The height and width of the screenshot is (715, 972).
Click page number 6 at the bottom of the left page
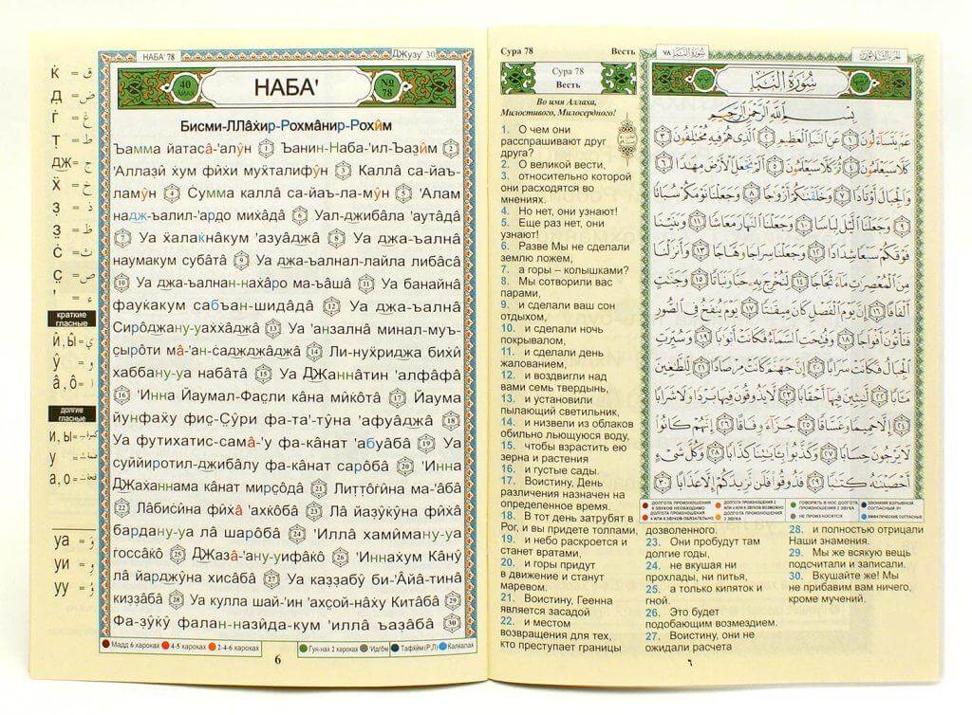click(277, 660)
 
